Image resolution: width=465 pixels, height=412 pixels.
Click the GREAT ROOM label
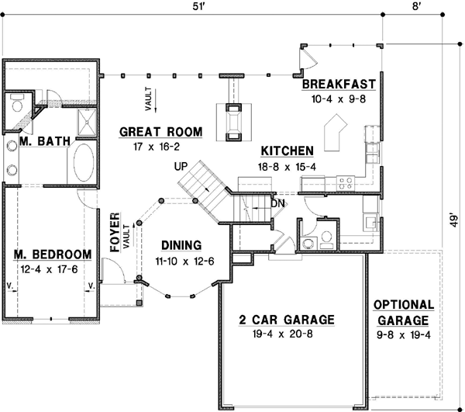[x=160, y=132]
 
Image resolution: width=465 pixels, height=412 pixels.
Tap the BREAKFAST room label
[x=339, y=84]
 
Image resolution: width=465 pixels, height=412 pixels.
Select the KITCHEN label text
[x=286, y=151]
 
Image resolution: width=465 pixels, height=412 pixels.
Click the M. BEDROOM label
[x=53, y=254]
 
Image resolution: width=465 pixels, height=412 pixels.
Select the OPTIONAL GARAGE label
[x=403, y=312]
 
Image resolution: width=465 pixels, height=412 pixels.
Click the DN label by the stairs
[x=277, y=204]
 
